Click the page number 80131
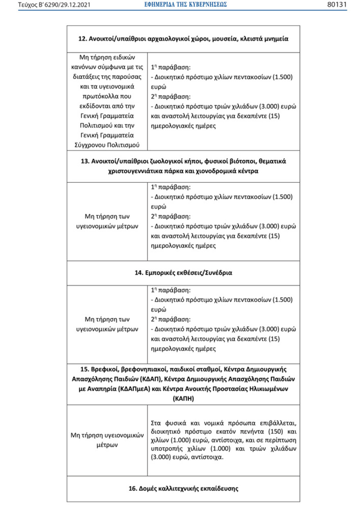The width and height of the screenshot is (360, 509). click(x=337, y=5)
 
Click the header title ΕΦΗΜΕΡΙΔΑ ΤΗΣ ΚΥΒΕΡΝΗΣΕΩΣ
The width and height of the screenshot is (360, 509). click(x=185, y=5)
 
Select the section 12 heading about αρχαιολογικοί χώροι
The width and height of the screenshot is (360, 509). click(x=183, y=39)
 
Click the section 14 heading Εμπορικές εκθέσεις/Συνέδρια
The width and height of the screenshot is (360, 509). click(x=183, y=273)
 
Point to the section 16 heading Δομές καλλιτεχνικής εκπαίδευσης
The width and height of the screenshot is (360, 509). click(x=183, y=488)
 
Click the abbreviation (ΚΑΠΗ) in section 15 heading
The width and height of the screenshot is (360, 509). click(x=183, y=397)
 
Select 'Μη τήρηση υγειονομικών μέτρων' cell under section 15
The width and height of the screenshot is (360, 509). click(x=107, y=440)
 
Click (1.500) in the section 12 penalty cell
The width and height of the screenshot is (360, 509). click(x=283, y=76)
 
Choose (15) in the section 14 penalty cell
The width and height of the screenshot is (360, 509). click(x=274, y=339)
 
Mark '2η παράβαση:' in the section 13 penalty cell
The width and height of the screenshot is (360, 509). click(x=171, y=216)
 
